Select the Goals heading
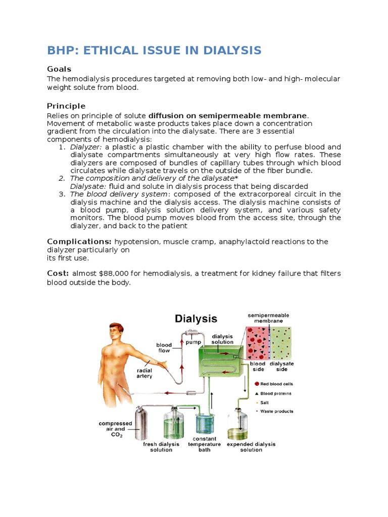point(59,69)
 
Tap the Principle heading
point(66,106)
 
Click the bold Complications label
point(79,242)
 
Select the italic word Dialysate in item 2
point(87,186)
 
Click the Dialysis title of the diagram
point(196,319)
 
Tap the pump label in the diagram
point(193,342)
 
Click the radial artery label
point(144,374)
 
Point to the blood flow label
point(164,348)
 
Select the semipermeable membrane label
point(268,318)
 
